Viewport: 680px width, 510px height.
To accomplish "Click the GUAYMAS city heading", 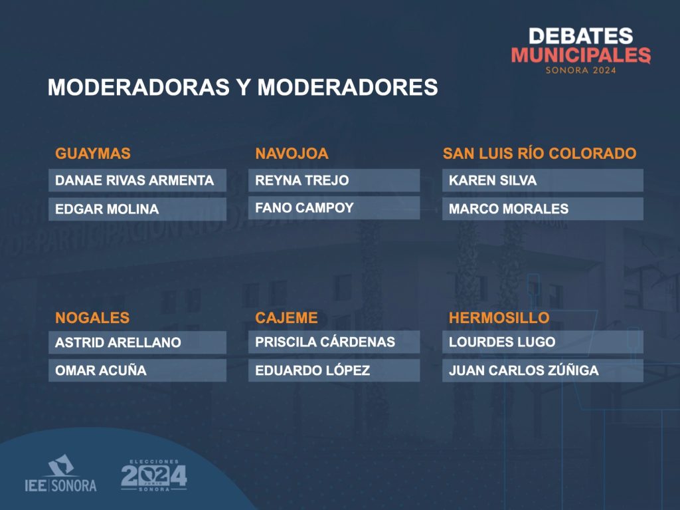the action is coord(93,154).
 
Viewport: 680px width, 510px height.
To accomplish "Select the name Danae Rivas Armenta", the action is coord(134,180).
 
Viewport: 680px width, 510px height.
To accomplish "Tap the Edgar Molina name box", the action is coord(137,209).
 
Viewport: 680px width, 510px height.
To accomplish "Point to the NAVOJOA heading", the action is coord(292,154).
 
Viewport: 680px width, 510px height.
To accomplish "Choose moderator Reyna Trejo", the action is coord(302,180).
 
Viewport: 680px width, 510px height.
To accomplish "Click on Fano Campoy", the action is coord(304,207).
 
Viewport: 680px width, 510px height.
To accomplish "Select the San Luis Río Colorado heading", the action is coord(539,154).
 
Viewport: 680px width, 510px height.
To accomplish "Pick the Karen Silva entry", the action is coord(493,180).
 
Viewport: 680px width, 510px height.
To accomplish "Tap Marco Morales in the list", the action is coord(509,209).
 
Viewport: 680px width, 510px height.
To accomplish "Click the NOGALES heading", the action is coord(92,318).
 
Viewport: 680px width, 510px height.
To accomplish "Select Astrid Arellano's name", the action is coord(118,342).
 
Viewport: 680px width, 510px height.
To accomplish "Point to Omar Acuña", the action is coord(101,370).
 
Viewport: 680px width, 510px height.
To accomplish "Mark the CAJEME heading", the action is coord(286,318).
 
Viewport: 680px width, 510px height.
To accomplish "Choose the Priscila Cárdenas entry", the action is coord(325,342).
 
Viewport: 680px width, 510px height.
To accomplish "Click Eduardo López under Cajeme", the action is coord(313,370).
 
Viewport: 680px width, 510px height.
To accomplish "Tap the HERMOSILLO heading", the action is coord(499,318).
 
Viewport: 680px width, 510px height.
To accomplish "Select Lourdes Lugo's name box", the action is coord(543,342).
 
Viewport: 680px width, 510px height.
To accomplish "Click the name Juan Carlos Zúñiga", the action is coord(524,370).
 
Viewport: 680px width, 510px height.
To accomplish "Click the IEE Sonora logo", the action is coord(60,473).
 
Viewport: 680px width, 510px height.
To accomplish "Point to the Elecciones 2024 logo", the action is coord(154,475).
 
